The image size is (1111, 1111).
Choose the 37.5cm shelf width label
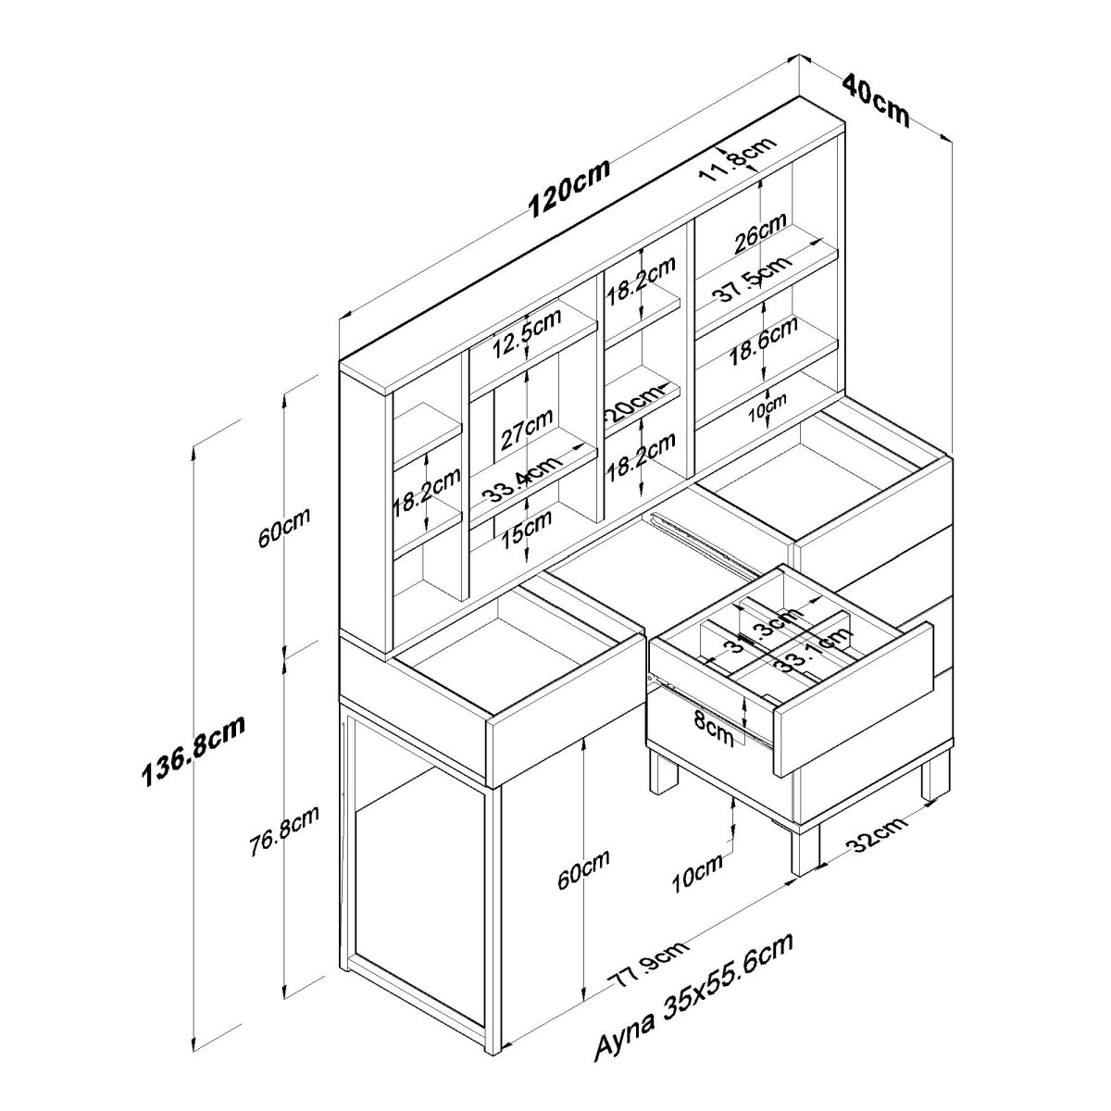pyautogui.click(x=752, y=277)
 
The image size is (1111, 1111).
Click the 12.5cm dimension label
pyautogui.click(x=526, y=336)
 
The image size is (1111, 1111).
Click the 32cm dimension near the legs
pyautogui.click(x=875, y=837)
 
